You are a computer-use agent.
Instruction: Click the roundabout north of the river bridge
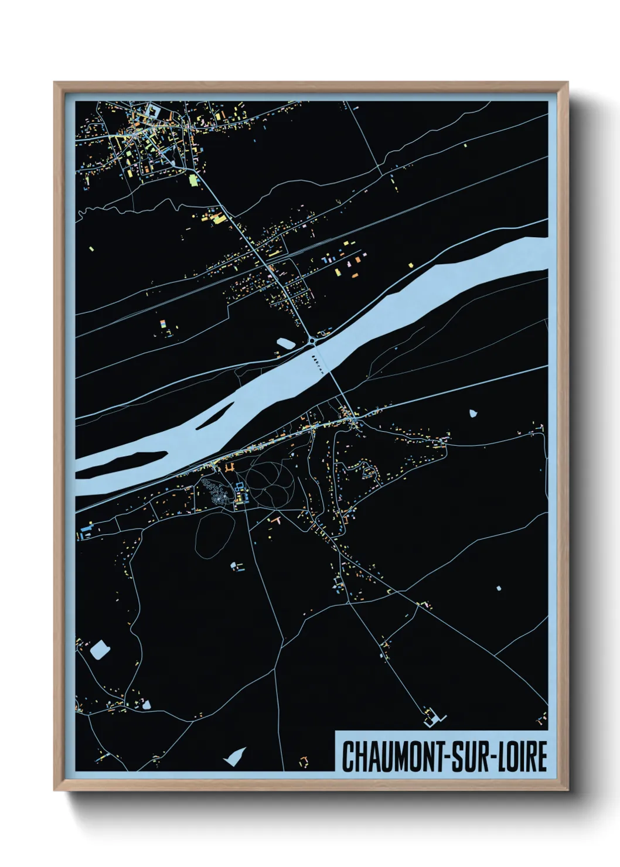[313, 340]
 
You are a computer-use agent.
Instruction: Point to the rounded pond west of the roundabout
[285, 343]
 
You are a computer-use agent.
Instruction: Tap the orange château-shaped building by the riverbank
[229, 468]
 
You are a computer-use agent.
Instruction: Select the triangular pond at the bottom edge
[236, 756]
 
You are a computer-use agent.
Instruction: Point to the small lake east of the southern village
[473, 412]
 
